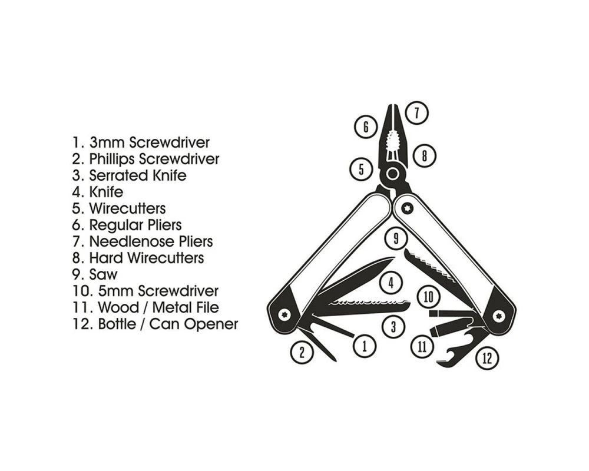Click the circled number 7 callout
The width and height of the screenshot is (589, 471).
tap(416, 112)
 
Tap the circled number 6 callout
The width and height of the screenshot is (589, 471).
tap(366, 127)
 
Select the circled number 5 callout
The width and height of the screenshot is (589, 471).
tap(360, 170)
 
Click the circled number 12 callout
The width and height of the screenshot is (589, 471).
tap(487, 358)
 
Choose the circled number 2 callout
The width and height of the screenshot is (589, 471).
tap(302, 352)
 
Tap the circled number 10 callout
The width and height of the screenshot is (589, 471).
tap(428, 297)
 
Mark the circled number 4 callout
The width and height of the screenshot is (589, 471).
tap(391, 283)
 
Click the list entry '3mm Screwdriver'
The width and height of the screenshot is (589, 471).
tap(141, 142)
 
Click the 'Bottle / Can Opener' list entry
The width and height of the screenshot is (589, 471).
tap(155, 324)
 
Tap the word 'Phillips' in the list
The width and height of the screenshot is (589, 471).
tap(112, 159)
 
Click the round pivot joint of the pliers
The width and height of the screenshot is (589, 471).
tap(392, 174)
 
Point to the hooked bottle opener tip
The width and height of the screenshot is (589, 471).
tap(445, 360)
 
